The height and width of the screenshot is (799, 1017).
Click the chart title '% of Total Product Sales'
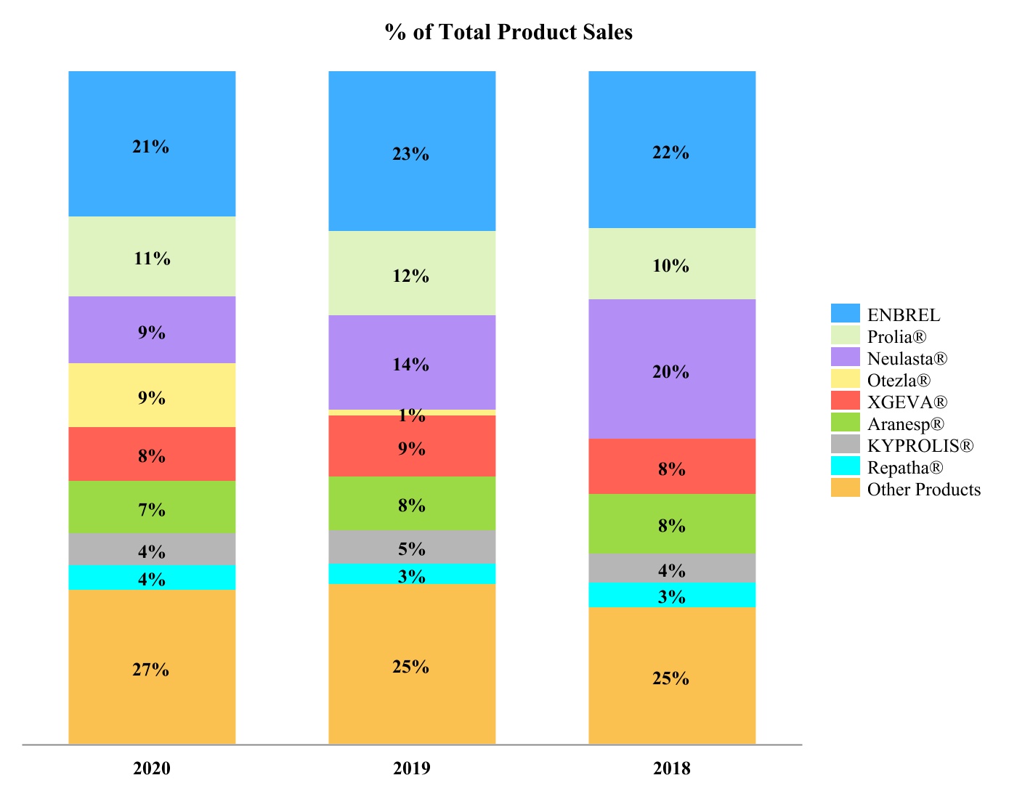click(508, 32)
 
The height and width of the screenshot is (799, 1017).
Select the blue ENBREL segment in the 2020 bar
click(152, 144)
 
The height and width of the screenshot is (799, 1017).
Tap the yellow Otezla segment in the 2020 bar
click(152, 395)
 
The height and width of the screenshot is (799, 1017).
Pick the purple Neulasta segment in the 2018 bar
click(672, 368)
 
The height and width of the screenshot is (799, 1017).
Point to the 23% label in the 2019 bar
click(410, 154)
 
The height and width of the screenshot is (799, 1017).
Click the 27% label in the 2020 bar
click(150, 670)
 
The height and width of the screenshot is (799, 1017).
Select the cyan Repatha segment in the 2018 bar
click(672, 595)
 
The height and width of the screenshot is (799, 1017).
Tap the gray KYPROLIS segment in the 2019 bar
click(412, 547)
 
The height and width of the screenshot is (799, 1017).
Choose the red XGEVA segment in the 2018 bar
click(672, 466)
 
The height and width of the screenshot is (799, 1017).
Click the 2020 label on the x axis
click(152, 768)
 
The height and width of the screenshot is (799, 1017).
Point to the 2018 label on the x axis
click(672, 768)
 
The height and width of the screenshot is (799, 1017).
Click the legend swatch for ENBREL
click(846, 313)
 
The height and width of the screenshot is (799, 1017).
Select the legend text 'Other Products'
click(924, 490)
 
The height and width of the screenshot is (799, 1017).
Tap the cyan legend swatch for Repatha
click(846, 466)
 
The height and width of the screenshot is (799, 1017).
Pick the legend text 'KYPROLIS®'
click(920, 446)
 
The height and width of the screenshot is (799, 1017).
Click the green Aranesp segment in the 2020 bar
click(152, 507)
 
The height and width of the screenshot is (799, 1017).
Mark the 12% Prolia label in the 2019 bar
click(410, 276)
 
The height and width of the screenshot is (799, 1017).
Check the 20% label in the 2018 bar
click(670, 372)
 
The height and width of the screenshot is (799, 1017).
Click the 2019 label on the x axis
click(412, 768)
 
